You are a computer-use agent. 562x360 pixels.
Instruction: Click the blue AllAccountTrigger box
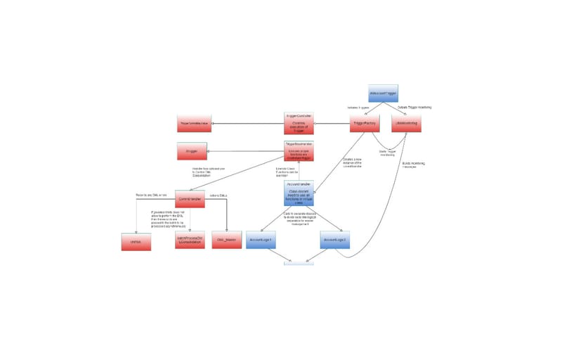coord(384,94)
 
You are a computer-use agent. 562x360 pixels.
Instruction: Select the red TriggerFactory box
coord(365,124)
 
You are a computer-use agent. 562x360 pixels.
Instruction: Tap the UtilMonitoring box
coord(407,124)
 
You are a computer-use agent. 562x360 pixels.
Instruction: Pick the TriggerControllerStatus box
coord(194,124)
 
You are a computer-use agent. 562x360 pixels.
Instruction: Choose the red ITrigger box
coord(191,150)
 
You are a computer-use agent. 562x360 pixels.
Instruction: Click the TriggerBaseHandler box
coord(299,151)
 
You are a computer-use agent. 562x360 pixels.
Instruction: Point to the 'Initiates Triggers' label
coord(358,108)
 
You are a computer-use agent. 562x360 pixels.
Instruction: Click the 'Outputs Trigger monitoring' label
coord(414,108)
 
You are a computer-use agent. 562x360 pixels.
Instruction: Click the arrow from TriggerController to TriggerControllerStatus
coord(246,124)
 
